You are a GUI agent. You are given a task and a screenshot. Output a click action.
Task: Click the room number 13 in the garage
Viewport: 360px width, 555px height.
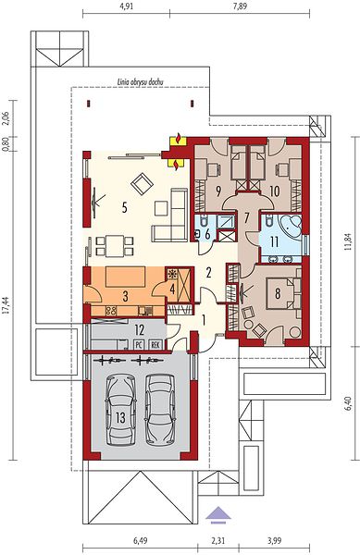[x=120, y=417]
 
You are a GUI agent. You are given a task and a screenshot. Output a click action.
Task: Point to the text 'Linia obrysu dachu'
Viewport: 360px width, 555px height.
[x=140, y=82]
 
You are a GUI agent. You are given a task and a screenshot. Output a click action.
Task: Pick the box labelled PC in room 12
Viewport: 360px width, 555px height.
[x=139, y=344]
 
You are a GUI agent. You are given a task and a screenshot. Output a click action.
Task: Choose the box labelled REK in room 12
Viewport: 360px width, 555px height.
[x=155, y=344]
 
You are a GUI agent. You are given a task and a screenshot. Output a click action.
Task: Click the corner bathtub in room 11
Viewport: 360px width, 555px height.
[x=291, y=225]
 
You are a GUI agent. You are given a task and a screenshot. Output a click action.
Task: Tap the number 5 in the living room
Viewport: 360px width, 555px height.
[x=124, y=207]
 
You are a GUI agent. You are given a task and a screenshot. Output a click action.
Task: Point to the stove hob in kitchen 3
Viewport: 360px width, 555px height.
[x=111, y=311]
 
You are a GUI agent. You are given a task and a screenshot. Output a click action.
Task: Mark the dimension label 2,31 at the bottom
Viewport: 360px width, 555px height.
[x=218, y=540]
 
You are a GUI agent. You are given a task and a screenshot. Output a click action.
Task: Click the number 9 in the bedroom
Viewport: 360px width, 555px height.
[x=218, y=191]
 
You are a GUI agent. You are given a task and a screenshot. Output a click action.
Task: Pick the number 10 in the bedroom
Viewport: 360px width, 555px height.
[x=274, y=191]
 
